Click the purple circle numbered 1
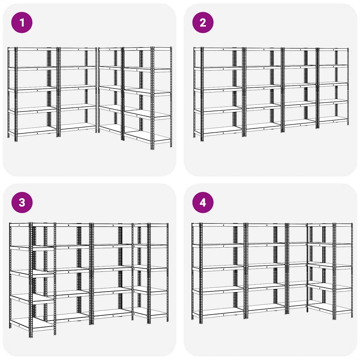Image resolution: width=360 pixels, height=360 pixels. [x=22, y=22]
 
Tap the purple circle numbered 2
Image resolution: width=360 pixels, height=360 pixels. [x=203, y=22]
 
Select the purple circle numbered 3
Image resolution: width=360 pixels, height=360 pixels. [x=22, y=202]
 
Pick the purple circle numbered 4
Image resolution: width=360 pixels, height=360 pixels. [x=203, y=202]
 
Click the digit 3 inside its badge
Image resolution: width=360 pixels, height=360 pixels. [x=22, y=202]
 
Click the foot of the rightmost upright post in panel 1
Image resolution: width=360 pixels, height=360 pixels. [x=171, y=146]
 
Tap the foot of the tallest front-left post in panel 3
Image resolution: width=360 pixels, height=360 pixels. [x=31, y=336]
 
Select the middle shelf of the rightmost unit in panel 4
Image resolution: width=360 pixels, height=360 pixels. [x=330, y=266]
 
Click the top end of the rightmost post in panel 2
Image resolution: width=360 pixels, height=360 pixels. [x=348, y=49]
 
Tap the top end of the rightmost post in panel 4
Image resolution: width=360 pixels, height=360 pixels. [x=352, y=224]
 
